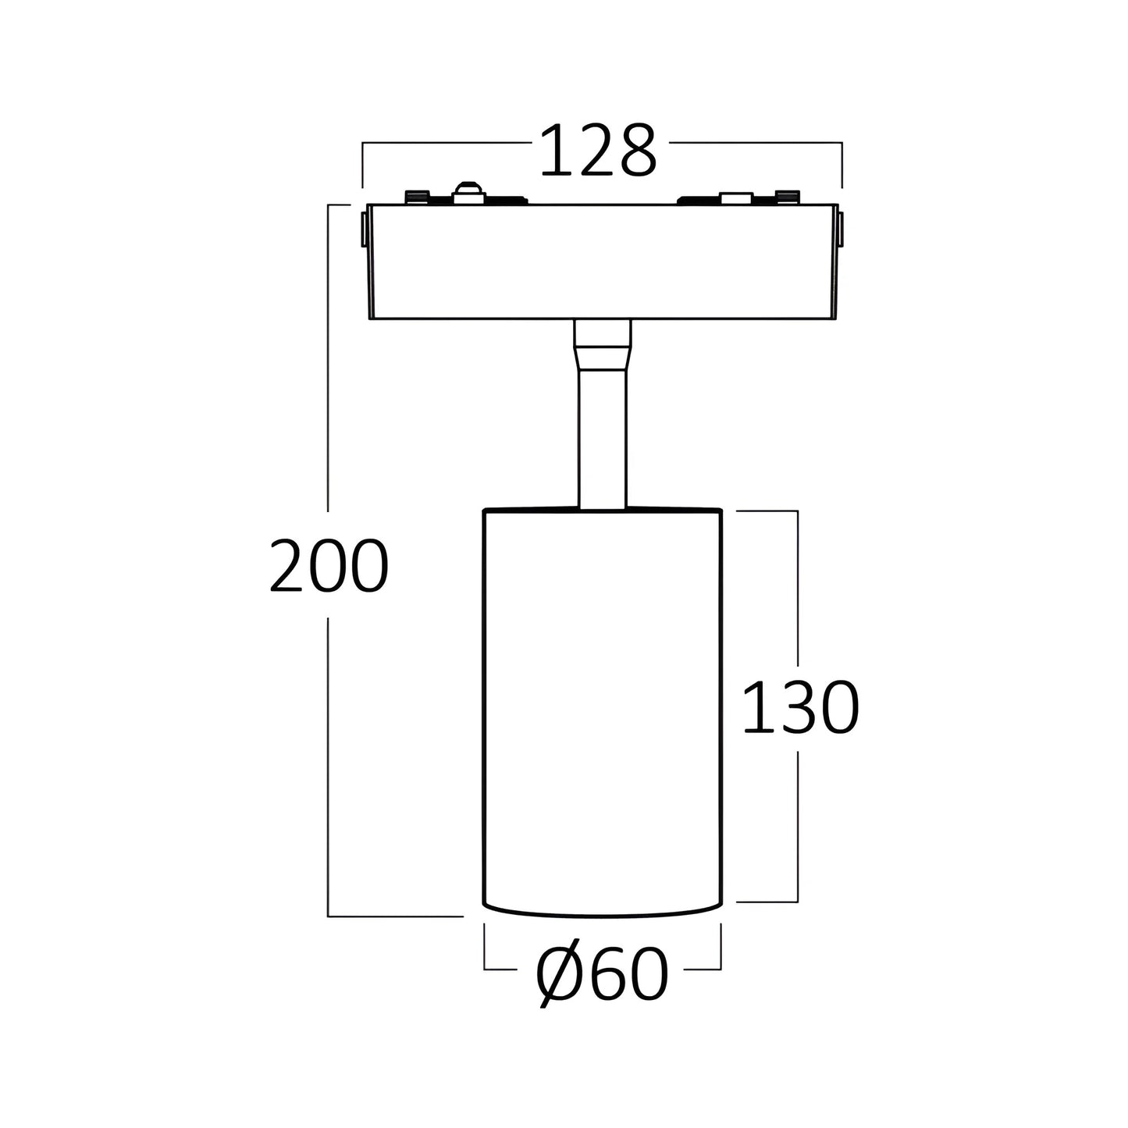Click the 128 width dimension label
[598, 151]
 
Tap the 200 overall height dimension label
[329, 565]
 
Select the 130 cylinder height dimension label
[800, 706]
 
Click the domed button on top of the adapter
[469, 193]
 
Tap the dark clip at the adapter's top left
[418, 197]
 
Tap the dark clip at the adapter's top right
[788, 197]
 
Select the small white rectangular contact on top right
[736, 197]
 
